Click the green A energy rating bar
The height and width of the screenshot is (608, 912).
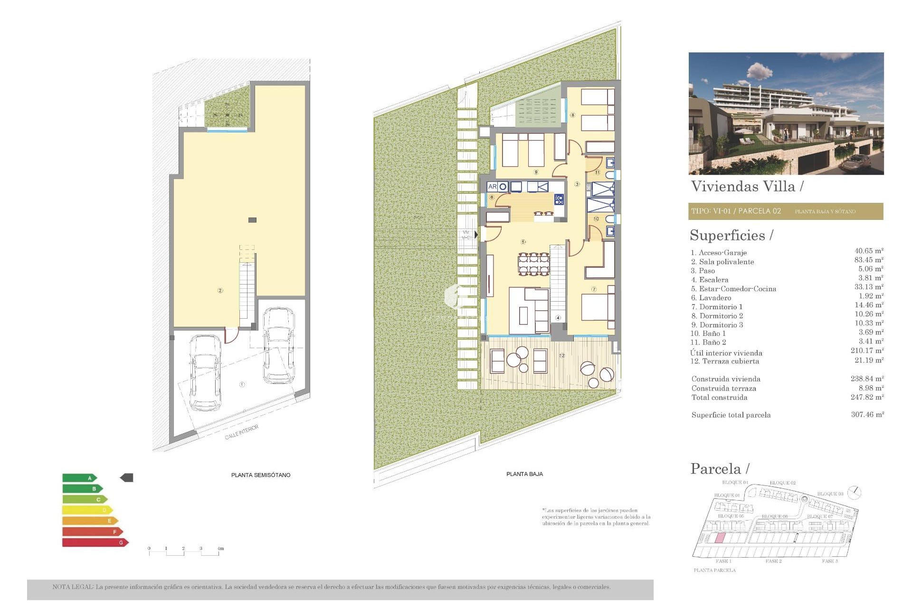[x=79, y=478]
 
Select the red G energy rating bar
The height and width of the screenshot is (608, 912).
[x=95, y=542]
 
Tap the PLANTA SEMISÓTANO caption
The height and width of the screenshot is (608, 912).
[x=260, y=475]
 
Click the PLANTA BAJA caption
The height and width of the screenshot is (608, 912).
[x=524, y=474]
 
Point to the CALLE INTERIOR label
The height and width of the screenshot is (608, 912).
[x=242, y=432]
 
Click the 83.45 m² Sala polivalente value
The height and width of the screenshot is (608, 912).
[x=868, y=260]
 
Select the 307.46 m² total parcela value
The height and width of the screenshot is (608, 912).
[x=867, y=415]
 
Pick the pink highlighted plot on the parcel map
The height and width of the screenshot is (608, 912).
[x=720, y=538]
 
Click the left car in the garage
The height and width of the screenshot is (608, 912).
[x=205, y=373]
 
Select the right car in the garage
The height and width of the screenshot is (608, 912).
[x=278, y=345]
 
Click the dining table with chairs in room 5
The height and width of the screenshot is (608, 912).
[x=533, y=265]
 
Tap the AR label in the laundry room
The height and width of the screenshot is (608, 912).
[x=492, y=187]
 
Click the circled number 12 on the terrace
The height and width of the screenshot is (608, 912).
[x=562, y=355]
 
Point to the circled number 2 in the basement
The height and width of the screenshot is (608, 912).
[x=220, y=290]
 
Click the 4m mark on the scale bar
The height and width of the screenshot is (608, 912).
[x=220, y=549]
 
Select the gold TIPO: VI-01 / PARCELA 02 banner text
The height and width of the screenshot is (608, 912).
[x=736, y=211]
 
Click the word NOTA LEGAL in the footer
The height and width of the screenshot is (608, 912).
[x=73, y=587]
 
